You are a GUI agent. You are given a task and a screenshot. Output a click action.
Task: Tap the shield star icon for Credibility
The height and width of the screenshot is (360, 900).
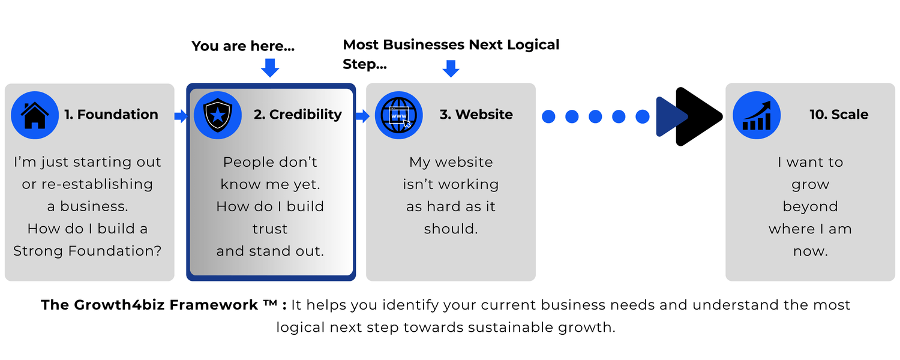pos(217,115)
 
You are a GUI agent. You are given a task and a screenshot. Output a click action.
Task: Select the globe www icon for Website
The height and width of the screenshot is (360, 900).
pos(398,115)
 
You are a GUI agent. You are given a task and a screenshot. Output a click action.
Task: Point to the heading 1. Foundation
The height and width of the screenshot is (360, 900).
pos(111,115)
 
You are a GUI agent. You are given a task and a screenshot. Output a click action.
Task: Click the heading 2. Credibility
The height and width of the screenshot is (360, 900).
pos(298,115)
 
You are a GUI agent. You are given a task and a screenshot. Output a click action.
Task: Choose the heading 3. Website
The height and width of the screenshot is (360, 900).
pos(476,115)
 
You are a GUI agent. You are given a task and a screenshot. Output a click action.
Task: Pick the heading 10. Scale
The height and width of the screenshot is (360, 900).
pos(839,115)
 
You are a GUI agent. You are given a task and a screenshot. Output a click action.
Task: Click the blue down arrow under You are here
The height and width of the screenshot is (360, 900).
pos(270,67)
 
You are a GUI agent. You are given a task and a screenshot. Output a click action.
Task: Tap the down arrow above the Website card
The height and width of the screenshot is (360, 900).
pos(451,68)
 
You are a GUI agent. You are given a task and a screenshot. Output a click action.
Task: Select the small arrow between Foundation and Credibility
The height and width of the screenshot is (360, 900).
pos(181,116)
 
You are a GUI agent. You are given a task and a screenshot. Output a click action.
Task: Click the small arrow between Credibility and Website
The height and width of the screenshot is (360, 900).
pos(362,116)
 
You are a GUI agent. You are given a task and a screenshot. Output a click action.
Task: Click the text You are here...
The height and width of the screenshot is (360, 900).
pos(243,46)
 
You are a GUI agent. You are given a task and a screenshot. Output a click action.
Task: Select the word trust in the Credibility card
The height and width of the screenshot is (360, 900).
pos(270,229)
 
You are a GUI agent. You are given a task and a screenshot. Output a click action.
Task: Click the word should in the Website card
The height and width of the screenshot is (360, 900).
pos(451,229)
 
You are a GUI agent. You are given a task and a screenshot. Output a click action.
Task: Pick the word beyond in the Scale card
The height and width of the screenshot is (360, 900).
pos(811,207)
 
